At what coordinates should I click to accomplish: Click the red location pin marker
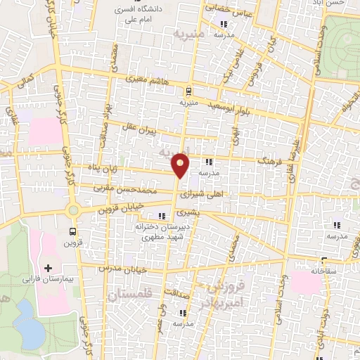click(181, 165)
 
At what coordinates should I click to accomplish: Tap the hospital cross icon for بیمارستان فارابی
click(48, 268)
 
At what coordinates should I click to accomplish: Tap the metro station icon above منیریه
click(188, 91)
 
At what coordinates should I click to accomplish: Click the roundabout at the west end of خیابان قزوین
click(72, 210)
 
